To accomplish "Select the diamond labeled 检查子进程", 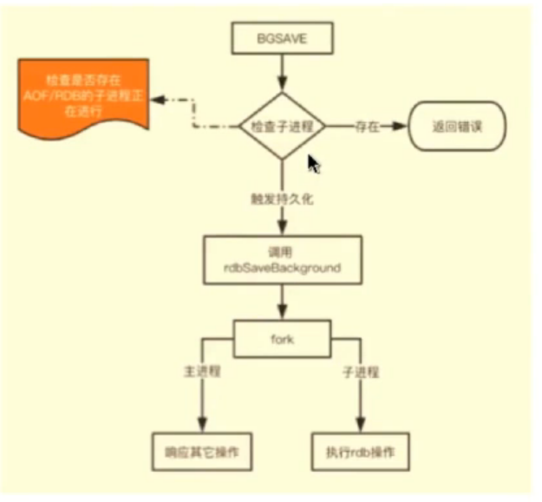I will [282, 126].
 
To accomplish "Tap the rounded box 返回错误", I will [457, 126].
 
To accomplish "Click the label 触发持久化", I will [281, 199].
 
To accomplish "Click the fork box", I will [281, 338].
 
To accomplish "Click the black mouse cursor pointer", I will [314, 165].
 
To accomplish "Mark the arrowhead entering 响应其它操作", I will [203, 424].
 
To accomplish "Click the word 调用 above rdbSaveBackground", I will [281, 250].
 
